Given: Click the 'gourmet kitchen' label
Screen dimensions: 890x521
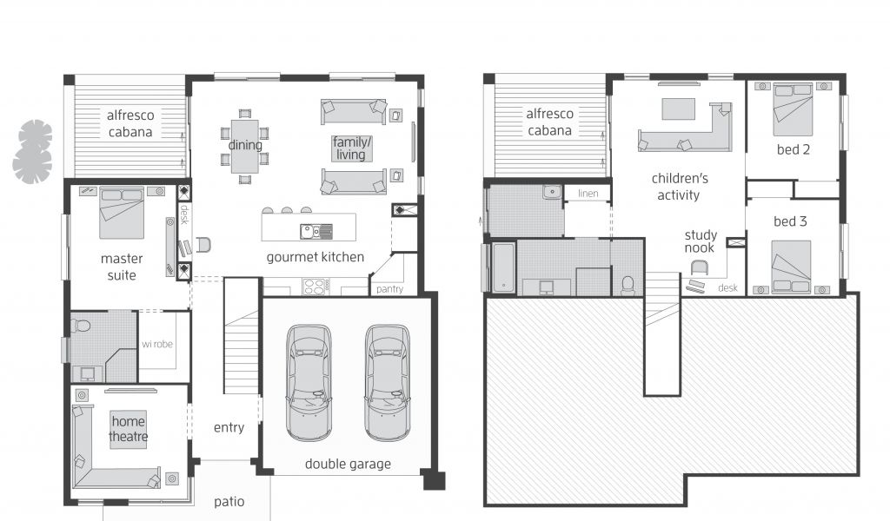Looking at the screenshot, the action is point(315,257).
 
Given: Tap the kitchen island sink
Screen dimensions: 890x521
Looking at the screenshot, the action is point(316,231).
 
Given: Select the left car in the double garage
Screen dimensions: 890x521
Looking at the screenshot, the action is point(309,382).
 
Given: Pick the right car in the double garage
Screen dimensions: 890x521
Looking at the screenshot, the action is point(387,382).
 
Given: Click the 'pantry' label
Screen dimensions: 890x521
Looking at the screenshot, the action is point(389,289).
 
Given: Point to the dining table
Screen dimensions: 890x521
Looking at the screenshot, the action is point(244,146).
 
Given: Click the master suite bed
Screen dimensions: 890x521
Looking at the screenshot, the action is point(122,213).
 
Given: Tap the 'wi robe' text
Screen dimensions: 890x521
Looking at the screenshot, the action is point(157,344).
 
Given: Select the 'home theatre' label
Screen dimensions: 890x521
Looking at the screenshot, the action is point(129,429).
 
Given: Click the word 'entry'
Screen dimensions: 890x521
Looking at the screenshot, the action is point(229,427).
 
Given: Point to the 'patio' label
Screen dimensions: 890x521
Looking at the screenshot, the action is point(229,502).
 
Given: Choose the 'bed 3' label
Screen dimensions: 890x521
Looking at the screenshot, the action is point(790,221).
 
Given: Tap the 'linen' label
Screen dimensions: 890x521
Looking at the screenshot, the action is point(588,194).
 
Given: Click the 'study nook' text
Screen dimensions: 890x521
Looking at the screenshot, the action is point(701,241).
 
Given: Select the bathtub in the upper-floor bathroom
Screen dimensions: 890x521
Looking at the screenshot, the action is point(503,268).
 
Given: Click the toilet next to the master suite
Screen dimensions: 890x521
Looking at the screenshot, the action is point(81,326).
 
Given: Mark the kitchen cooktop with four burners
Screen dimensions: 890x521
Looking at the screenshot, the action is point(315,287).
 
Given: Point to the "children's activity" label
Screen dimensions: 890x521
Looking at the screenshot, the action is point(680,187).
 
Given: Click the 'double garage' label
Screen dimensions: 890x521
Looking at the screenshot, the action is point(348,465).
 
